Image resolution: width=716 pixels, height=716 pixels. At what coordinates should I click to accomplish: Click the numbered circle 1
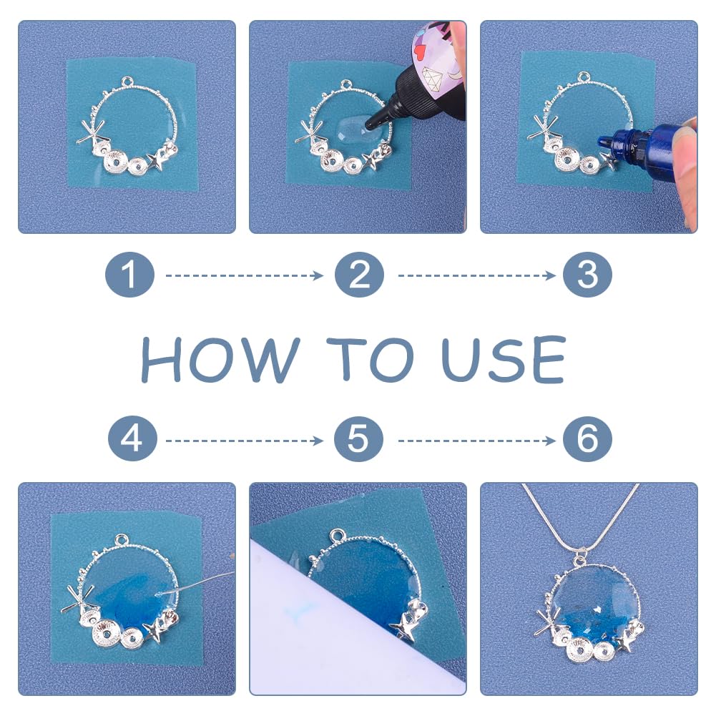pos(129,275)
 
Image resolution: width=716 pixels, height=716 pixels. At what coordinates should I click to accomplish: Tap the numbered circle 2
pos(359,275)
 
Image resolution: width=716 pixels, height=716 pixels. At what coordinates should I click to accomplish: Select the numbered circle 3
pos(587,275)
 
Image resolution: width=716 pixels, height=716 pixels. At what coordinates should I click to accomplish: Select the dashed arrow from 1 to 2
pos(244,275)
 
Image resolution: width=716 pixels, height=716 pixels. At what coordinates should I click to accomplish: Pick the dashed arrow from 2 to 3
pos(476,275)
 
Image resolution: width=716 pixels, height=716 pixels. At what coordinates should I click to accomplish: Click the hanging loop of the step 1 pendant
pos(129,83)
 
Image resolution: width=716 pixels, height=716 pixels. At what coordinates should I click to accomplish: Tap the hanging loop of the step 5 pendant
pos(337,536)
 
